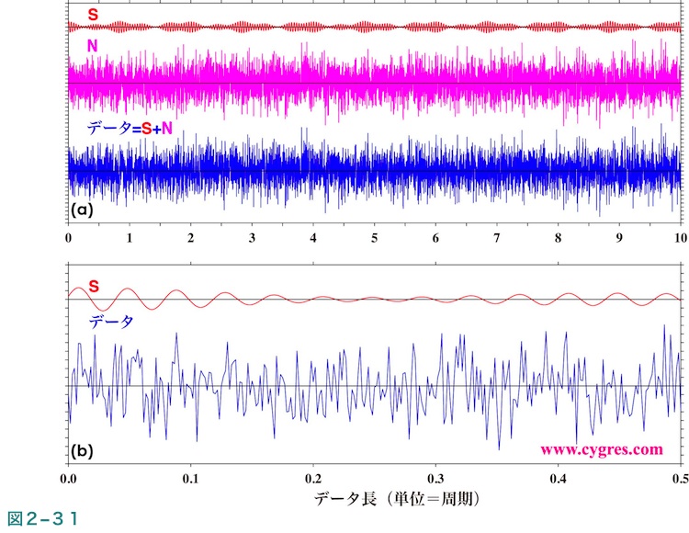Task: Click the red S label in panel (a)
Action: (x=93, y=15)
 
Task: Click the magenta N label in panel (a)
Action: (x=93, y=46)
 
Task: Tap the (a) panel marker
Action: (x=83, y=210)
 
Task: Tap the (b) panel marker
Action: (x=83, y=452)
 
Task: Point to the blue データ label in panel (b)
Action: (x=110, y=322)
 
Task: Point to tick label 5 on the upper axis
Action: (x=374, y=237)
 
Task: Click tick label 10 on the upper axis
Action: (x=678, y=237)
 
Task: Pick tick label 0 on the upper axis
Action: (x=69, y=237)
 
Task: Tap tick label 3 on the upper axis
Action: (x=252, y=237)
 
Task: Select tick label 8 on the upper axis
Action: (x=558, y=237)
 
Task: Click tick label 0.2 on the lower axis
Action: (x=313, y=480)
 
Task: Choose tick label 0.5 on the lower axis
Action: (x=678, y=480)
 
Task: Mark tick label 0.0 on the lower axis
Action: (x=69, y=480)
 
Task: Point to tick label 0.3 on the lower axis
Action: (x=435, y=480)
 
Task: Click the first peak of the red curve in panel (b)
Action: (x=77, y=288)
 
